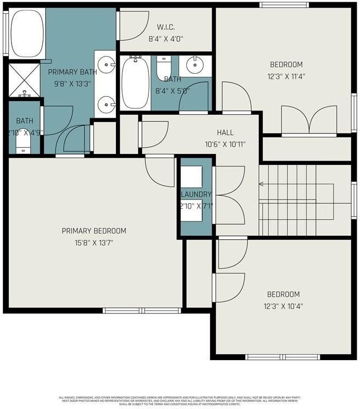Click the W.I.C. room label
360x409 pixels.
(165, 27)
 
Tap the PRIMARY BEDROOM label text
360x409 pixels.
(94, 231)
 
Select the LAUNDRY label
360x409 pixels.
(196, 195)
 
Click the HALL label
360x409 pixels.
(225, 132)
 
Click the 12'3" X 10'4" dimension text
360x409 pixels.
(284, 306)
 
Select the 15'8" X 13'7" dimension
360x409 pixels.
(94, 242)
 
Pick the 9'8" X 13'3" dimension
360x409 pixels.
(73, 84)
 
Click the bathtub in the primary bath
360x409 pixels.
(27, 34)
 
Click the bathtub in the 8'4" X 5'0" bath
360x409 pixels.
(132, 84)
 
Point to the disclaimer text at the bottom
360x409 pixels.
(180, 400)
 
